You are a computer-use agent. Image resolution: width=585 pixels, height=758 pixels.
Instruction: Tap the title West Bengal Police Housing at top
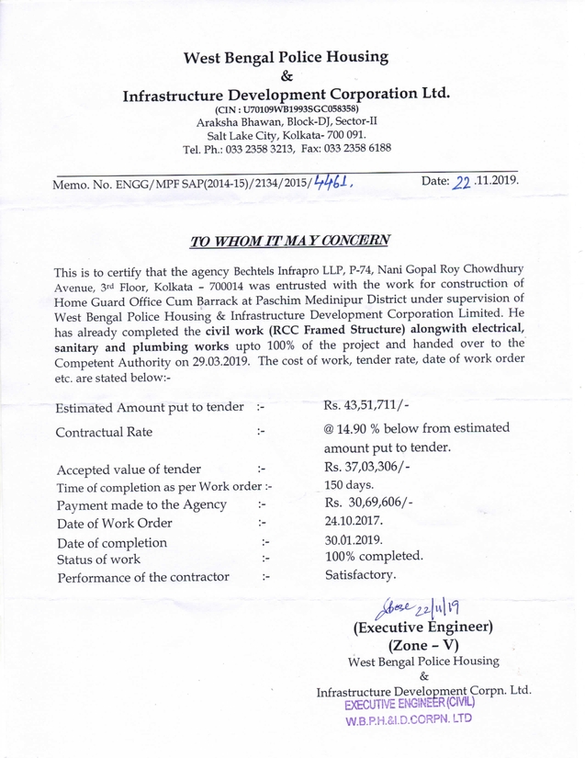tap(285, 57)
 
